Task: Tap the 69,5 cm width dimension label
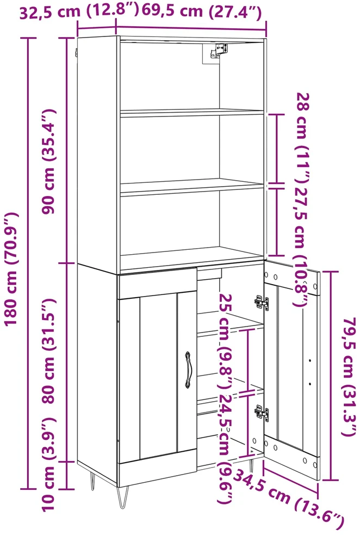click(x=202, y=11)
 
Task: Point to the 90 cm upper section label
click(x=48, y=162)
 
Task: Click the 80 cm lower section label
click(x=48, y=350)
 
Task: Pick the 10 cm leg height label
click(x=48, y=465)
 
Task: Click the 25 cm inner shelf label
click(x=226, y=341)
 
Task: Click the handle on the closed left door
click(x=188, y=370)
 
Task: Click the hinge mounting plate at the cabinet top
click(x=218, y=51)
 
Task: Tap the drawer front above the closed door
click(x=157, y=283)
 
